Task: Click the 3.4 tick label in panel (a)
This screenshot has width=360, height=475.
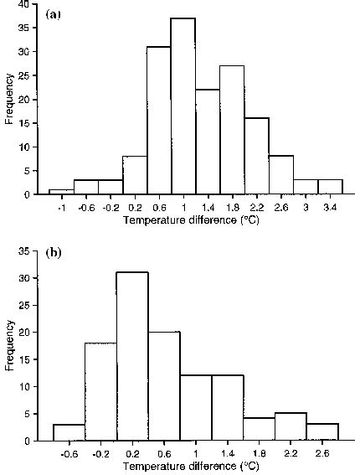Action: coord(329,207)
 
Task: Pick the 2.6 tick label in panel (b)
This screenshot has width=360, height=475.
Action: coord(322,453)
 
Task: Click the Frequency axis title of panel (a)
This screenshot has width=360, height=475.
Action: coord(9,101)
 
